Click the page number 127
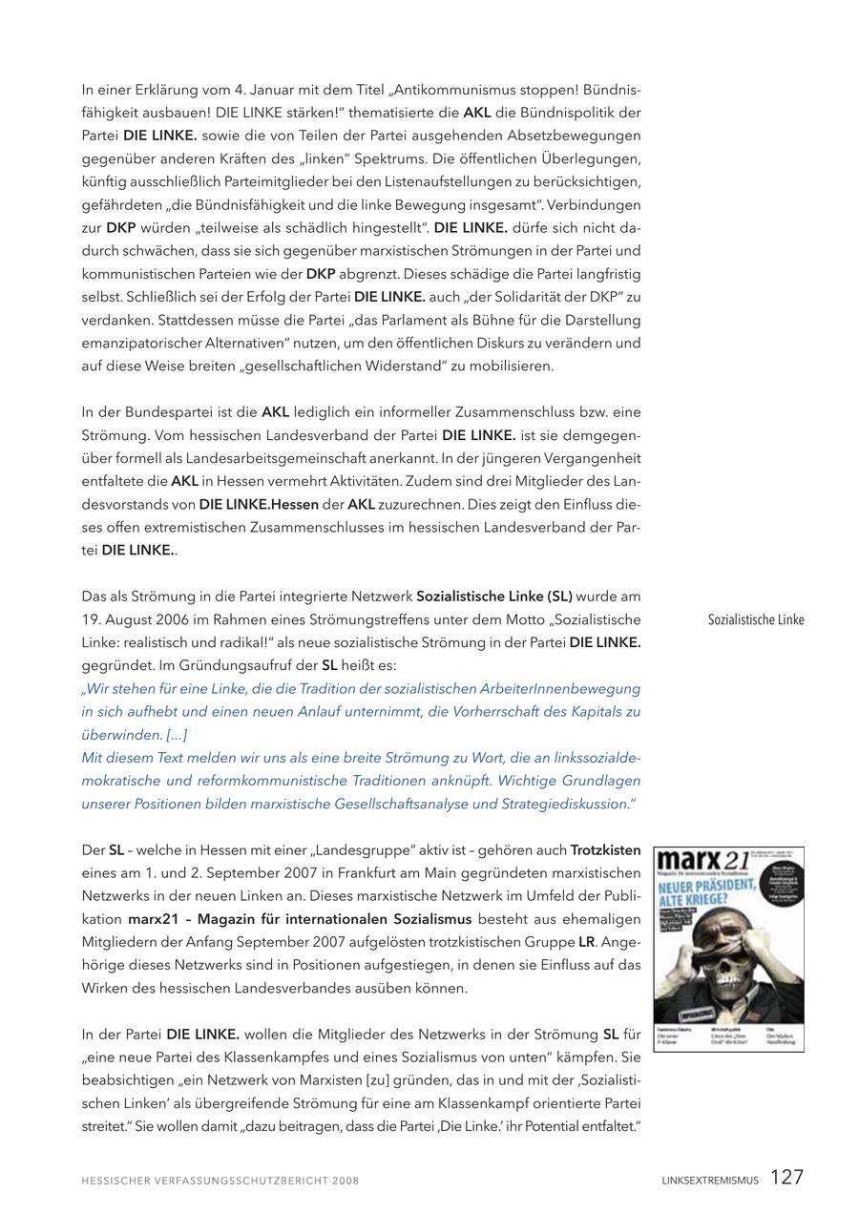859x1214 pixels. (x=786, y=1177)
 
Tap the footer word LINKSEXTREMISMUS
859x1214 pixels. (x=710, y=1181)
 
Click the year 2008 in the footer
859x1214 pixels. (x=346, y=1181)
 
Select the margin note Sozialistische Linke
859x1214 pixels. (x=756, y=619)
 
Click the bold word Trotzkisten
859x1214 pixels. (x=605, y=849)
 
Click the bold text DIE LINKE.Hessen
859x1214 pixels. (x=259, y=504)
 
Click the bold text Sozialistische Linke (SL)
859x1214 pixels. (x=493, y=597)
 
